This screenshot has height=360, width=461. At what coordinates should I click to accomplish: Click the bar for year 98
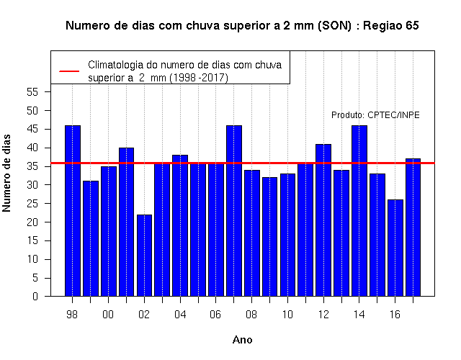(73, 211)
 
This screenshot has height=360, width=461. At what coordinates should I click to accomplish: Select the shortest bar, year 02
(144, 256)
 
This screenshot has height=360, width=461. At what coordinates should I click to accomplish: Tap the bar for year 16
(395, 248)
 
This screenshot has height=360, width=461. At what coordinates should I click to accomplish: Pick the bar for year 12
(323, 220)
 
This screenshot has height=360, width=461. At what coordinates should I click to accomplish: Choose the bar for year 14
(359, 211)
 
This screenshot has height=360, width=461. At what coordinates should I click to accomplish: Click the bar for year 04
(180, 225)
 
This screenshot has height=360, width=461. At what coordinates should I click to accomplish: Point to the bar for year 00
(109, 231)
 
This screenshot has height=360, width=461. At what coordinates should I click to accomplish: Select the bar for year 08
(252, 233)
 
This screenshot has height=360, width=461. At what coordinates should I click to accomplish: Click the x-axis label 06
(215, 315)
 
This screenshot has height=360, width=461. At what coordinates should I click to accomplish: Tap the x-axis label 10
(287, 315)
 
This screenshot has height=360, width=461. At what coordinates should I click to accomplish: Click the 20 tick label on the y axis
(32, 222)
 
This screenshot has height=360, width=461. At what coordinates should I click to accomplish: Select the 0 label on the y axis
(35, 296)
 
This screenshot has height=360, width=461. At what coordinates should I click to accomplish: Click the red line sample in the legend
(69, 71)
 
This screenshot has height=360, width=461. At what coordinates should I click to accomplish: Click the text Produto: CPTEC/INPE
(375, 115)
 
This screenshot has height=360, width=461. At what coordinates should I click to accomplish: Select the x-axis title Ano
(243, 340)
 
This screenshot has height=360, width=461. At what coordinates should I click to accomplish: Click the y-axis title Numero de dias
(6, 173)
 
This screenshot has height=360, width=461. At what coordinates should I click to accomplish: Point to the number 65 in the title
(412, 26)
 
